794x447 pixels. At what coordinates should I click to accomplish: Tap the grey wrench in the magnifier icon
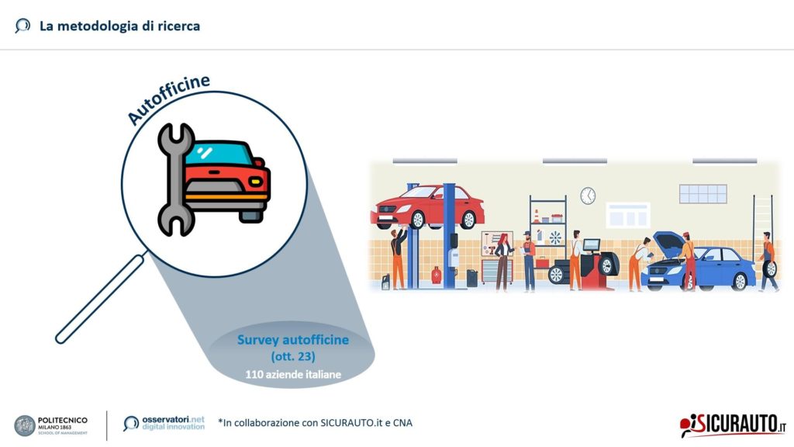pos(176,179)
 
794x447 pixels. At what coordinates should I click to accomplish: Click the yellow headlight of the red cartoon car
pos(257,181)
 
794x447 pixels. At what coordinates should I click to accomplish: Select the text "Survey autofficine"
pos(292,340)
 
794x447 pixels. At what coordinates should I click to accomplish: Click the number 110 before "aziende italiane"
pos(254,375)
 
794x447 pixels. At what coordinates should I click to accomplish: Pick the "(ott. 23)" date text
pos(292,356)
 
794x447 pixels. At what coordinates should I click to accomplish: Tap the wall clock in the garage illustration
pos(588,196)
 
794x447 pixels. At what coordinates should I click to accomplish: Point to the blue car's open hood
pos(669,242)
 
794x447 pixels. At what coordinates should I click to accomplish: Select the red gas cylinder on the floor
pos(436,275)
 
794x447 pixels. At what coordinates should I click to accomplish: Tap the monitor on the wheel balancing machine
pos(591,245)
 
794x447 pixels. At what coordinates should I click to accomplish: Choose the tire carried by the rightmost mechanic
pos(769,269)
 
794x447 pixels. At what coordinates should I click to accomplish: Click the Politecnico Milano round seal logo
pos(24,426)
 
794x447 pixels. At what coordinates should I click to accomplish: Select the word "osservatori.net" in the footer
pos(173,420)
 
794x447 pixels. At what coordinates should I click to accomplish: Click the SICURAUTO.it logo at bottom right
pos(733,424)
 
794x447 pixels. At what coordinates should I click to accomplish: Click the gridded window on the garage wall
pos(703,193)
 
